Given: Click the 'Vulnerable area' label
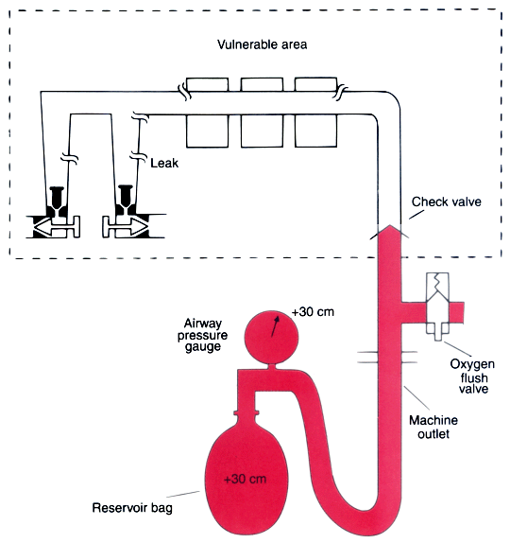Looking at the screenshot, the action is (263, 44).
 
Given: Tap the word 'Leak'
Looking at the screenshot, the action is (164, 163).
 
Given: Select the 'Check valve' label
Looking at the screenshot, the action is (447, 201).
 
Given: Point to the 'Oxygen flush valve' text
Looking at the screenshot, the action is (472, 377).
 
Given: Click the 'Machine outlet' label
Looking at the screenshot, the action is (433, 427).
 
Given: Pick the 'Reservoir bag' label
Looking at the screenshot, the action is (132, 508).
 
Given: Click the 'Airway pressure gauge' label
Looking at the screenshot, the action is (203, 335).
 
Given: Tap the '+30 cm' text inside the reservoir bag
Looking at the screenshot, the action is (246, 480).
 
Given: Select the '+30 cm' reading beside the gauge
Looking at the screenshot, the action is (313, 312).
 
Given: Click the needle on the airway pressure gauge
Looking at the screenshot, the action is (275, 325).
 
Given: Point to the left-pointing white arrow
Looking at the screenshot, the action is (57, 227).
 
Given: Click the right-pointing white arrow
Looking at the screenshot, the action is (126, 227).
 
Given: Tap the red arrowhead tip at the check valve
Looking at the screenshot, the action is (390, 225).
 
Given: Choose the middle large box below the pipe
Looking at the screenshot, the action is (262, 131).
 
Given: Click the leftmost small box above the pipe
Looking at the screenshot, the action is (207, 84).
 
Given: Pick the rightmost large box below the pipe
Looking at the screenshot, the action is (316, 131).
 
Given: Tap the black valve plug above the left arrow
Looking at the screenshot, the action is (57, 201).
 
